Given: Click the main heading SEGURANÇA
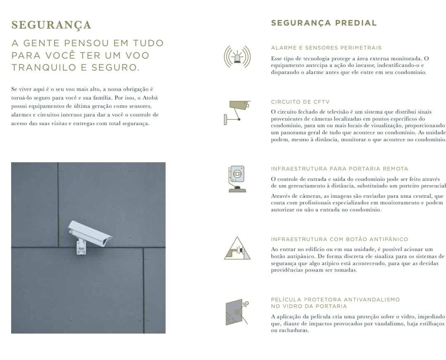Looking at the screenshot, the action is [x=51, y=25].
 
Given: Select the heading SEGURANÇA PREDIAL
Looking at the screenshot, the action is [x=324, y=23].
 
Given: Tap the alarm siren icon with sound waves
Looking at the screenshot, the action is [x=237, y=57].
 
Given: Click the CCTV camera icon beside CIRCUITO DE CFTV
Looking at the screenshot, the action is [x=237, y=113].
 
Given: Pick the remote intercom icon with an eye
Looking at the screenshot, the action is [x=237, y=179].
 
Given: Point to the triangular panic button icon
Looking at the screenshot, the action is [x=237, y=248].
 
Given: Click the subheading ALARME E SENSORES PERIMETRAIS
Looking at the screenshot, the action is [x=326, y=48].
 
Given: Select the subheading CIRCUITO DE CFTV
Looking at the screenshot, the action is [x=300, y=102].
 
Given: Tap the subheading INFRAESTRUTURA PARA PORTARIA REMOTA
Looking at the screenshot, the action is [x=339, y=168].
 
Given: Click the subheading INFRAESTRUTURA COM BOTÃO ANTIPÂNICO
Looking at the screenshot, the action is [x=339, y=239].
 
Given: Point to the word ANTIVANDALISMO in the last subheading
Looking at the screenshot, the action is [x=372, y=299].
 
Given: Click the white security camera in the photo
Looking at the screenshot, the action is [x=90, y=232].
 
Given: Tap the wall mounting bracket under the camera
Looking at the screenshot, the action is [x=81, y=247].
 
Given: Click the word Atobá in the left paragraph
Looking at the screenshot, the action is [x=150, y=98].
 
